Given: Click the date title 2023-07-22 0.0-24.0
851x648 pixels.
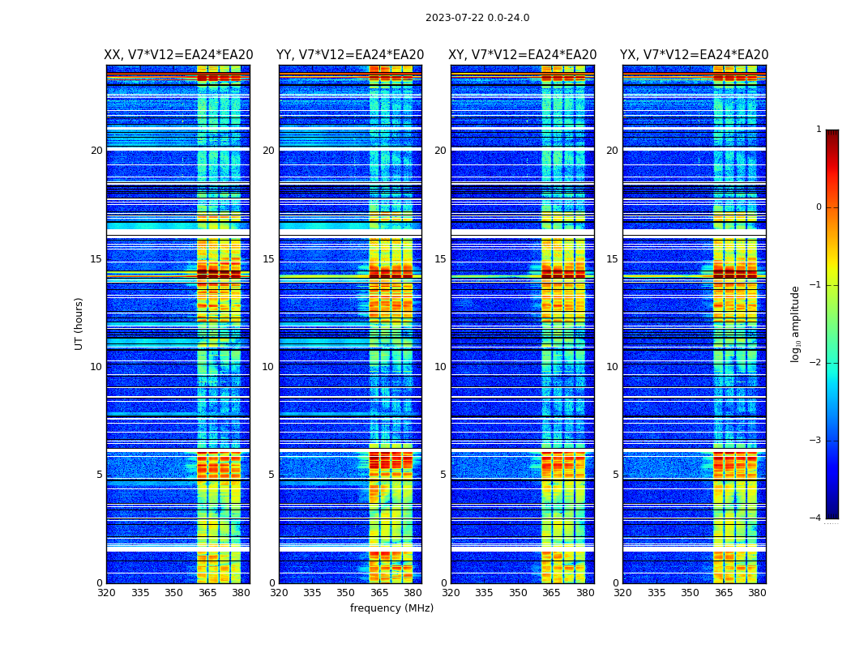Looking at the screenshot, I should pyautogui.click(x=477, y=18).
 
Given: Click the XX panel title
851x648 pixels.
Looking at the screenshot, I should pyautogui.click(x=178, y=55).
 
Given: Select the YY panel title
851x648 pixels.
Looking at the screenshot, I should pyautogui.click(x=350, y=55).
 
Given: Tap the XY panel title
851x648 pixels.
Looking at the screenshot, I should pyautogui.click(x=523, y=55).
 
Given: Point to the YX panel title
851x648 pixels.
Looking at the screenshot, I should pyautogui.click(x=695, y=55).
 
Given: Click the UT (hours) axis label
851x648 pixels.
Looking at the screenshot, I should pyautogui.click(x=79, y=323).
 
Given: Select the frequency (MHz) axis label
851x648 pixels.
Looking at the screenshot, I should pyautogui.click(x=391, y=608).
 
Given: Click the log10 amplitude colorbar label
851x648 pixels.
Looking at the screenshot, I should pyautogui.click(x=796, y=323).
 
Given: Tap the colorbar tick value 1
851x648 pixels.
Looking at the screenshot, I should pyautogui.click(x=819, y=130).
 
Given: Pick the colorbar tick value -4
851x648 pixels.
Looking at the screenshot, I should pyautogui.click(x=816, y=518).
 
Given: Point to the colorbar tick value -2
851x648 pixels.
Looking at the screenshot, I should pyautogui.click(x=816, y=363).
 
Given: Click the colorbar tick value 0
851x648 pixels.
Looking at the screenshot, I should pyautogui.click(x=819, y=207).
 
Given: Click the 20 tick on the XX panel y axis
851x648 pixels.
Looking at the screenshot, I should pyautogui.click(x=96, y=151).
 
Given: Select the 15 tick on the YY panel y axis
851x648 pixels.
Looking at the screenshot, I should pyautogui.click(x=268, y=259).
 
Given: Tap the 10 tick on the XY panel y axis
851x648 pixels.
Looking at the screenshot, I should pyautogui.click(x=440, y=367).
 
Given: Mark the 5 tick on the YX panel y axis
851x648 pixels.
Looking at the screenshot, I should pyautogui.click(x=615, y=475).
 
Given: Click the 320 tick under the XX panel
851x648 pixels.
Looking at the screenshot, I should pyautogui.click(x=106, y=593).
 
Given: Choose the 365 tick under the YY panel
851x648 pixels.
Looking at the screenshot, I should pyautogui.click(x=379, y=593).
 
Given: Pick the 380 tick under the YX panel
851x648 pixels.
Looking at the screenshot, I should pyautogui.click(x=757, y=593).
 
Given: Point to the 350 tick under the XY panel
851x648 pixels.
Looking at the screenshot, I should pyautogui.click(x=518, y=593).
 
